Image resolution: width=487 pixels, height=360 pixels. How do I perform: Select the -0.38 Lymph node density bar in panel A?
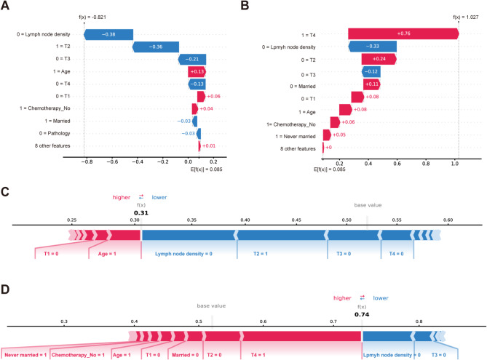pos(108,34)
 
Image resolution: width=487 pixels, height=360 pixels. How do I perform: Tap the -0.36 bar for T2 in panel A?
pos(156,47)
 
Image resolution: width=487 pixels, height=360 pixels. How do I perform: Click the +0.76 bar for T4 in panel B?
pos(403,34)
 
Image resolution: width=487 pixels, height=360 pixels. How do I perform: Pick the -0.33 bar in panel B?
pos(372,47)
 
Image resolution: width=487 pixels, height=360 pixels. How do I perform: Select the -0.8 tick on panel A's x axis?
pos(86,161)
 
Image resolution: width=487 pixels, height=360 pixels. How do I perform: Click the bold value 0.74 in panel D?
pos(362,315)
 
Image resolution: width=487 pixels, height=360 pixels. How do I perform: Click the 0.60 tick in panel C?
pos(448,219)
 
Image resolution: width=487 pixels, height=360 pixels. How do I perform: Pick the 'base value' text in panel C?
pos(367,205)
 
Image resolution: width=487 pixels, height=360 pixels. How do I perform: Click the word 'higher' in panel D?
pos(341,297)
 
